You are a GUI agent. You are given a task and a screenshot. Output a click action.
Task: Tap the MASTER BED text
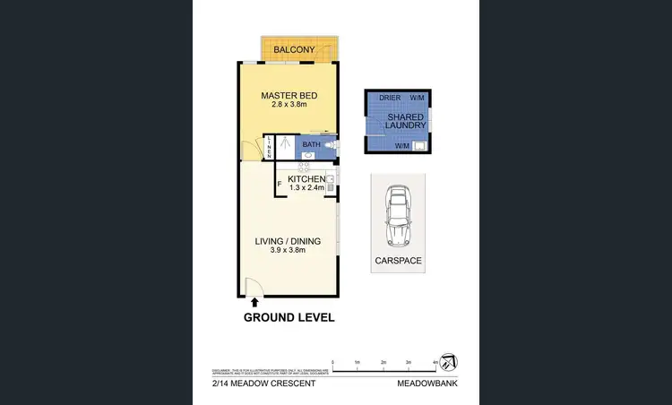coord(289,96)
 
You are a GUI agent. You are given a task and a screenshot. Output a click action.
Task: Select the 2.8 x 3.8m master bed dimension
coord(289,105)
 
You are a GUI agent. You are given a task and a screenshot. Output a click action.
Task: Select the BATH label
coord(311,144)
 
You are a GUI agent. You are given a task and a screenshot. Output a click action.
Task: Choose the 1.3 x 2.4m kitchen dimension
coord(306,189)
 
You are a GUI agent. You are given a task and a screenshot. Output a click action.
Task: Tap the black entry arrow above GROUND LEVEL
coord(254,304)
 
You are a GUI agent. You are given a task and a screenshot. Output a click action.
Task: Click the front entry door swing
coord(254,288)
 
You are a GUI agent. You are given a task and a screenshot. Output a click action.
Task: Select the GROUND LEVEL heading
coord(289,317)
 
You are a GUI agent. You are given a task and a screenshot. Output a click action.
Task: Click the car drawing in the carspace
coord(397,218)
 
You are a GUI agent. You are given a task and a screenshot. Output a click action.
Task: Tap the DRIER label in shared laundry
coord(390,97)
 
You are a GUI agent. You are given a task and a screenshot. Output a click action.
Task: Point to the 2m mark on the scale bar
coord(383,363)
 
